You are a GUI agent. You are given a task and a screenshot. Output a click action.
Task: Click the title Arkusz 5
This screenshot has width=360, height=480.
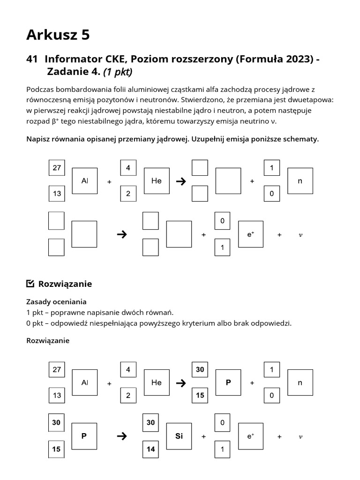pyautogui.click(x=58, y=34)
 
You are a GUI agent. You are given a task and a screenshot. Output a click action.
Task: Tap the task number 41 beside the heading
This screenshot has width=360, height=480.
pyautogui.click(x=32, y=59)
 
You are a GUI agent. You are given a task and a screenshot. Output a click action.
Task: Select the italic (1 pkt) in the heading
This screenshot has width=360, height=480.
pyautogui.click(x=118, y=72)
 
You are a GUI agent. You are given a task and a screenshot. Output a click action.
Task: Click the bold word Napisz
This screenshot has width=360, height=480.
pyautogui.click(x=38, y=139)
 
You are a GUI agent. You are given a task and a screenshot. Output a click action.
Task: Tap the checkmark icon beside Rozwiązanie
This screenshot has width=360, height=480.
pyautogui.click(x=30, y=284)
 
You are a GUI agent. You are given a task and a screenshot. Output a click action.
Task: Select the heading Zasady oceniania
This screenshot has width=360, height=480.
pyautogui.click(x=56, y=302)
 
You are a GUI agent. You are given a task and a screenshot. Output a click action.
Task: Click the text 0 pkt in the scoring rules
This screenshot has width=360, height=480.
pyautogui.click(x=36, y=323)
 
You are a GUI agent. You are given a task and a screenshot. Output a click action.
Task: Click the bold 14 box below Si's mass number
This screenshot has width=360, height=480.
pyautogui.click(x=150, y=449)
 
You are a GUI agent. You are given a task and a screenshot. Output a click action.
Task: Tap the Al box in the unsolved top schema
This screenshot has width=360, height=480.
pyautogui.click(x=85, y=180)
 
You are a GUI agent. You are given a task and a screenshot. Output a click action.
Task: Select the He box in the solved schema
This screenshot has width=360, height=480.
pyautogui.click(x=157, y=382)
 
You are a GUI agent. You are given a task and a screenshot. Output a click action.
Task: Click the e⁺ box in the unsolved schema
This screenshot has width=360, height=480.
pyautogui.click(x=251, y=234)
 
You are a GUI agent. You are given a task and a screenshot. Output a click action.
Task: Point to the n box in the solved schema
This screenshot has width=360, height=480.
pyautogui.click(x=300, y=382)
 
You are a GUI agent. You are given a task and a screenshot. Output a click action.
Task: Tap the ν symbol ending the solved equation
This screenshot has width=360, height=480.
pyautogui.click(x=300, y=437)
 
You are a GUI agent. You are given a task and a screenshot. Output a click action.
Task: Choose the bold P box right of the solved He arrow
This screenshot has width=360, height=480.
pyautogui.click(x=228, y=382)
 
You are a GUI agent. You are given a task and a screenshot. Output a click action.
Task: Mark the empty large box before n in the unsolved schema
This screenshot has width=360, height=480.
pyautogui.click(x=228, y=180)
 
